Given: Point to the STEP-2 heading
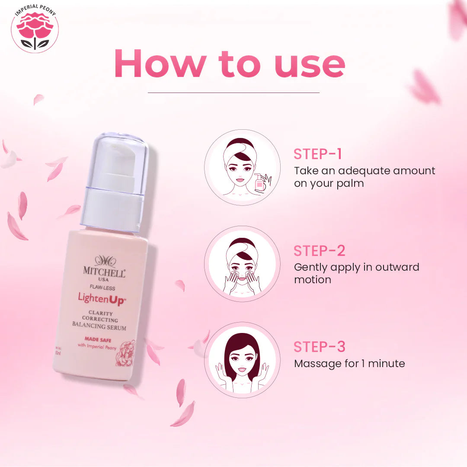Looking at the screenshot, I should pyautogui.click(x=320, y=251).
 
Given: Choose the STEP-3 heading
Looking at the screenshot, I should pyautogui.click(x=320, y=347).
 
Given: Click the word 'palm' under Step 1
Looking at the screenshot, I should pyautogui.click(x=351, y=183).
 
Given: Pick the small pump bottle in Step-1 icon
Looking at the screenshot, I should pyautogui.click(x=259, y=182).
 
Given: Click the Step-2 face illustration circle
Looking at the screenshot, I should pyautogui.click(x=242, y=264).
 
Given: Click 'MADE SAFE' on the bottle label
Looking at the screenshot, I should pyautogui.click(x=97, y=340).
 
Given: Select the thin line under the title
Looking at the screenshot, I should pyautogui.click(x=233, y=93).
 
